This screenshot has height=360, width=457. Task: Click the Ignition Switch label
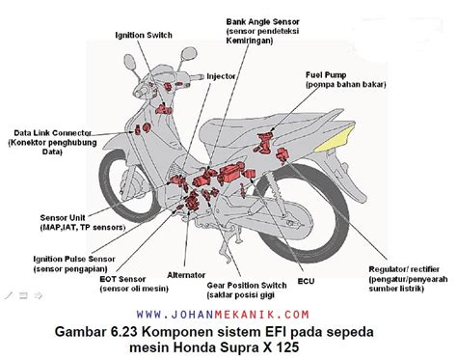[144, 35]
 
